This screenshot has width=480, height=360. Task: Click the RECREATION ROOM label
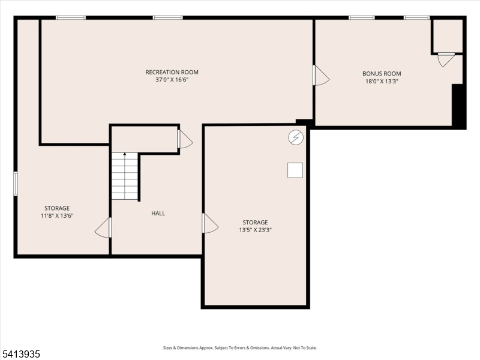(172, 72)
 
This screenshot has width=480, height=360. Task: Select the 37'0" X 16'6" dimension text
(172, 80)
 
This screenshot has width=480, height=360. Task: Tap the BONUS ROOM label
(382, 73)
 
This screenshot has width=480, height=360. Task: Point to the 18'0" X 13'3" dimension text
(382, 81)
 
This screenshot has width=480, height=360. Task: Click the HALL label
(158, 213)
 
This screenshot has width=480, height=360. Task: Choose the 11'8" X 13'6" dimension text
(56, 216)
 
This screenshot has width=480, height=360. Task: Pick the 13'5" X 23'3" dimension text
(255, 230)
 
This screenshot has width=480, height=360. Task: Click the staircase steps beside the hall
(125, 177)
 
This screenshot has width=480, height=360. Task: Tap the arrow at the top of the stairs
(125, 155)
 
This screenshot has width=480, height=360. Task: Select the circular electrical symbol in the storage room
(295, 138)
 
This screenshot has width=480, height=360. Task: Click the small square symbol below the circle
(295, 170)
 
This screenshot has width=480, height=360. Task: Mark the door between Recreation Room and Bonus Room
(320, 76)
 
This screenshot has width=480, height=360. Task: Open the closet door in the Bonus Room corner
(446, 59)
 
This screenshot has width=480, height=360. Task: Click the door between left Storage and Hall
(104, 227)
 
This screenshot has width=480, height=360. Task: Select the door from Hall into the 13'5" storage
(210, 223)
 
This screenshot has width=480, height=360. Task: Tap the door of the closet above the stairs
(185, 139)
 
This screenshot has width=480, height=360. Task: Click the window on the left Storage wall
(16, 183)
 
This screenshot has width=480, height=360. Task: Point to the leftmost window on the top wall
(71, 17)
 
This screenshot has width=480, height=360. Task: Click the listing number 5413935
(21, 354)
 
